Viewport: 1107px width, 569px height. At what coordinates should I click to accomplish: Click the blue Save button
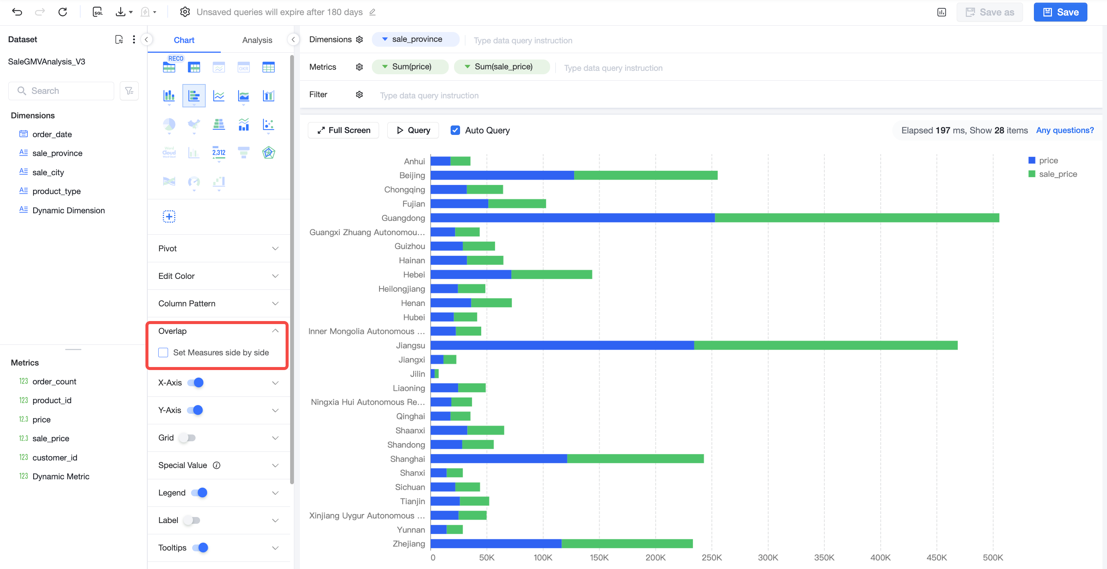[x=1060, y=12]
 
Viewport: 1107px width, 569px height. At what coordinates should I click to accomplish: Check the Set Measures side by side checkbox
[x=163, y=352]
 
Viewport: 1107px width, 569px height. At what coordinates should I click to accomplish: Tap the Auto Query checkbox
[x=455, y=130]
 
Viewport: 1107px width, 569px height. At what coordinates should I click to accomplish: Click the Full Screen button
[x=343, y=130]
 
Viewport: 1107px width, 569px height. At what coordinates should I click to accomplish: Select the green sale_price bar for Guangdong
[x=857, y=218]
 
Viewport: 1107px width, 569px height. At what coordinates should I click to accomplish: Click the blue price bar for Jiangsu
[x=562, y=345]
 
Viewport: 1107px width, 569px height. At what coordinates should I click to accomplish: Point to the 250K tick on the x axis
[x=712, y=557]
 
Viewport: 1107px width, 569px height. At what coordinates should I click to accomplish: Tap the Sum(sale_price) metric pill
[x=502, y=67]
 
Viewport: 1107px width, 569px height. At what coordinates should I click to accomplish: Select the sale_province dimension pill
[x=416, y=39]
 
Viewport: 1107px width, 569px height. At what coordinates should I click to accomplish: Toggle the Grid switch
[x=187, y=437]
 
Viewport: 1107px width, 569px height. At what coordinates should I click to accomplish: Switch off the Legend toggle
[x=199, y=493]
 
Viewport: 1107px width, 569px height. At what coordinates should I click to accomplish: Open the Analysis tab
[x=257, y=40]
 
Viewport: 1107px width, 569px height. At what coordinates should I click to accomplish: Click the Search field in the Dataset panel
[x=61, y=91]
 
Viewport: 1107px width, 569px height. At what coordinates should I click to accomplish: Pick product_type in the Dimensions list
[x=56, y=191]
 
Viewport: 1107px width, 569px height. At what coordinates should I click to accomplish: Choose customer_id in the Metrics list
[x=55, y=457]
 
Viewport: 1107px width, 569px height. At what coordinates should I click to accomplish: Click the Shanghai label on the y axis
[x=407, y=459]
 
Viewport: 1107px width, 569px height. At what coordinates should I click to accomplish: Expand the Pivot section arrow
[x=275, y=248]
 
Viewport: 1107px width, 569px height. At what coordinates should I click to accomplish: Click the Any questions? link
[x=1064, y=130]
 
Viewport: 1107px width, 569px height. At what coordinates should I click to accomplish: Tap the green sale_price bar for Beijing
[x=645, y=175]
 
